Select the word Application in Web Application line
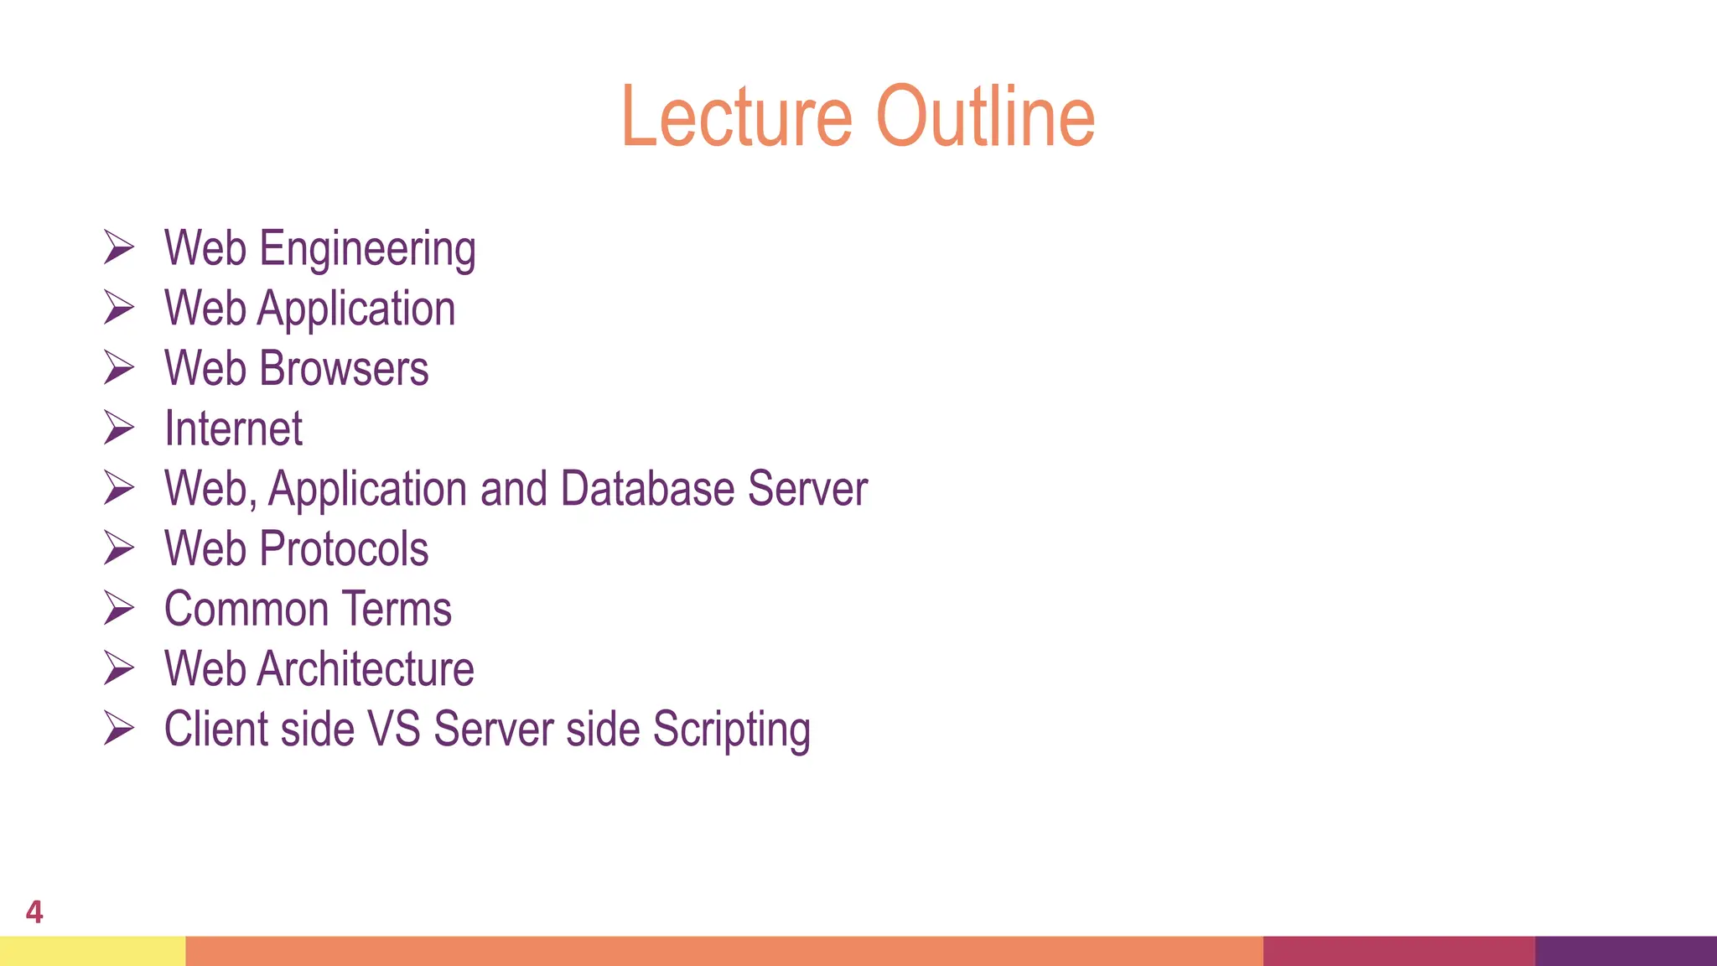356,309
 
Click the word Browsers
344,369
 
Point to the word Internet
233,429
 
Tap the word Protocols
344,549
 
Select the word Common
246,610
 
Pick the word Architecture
366,669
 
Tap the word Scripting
731,730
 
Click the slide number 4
34,911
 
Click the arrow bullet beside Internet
118,428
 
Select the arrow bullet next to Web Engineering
118,247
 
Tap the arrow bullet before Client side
118,728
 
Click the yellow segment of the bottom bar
92,951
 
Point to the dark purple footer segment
1626,951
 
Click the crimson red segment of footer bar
1398,951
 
